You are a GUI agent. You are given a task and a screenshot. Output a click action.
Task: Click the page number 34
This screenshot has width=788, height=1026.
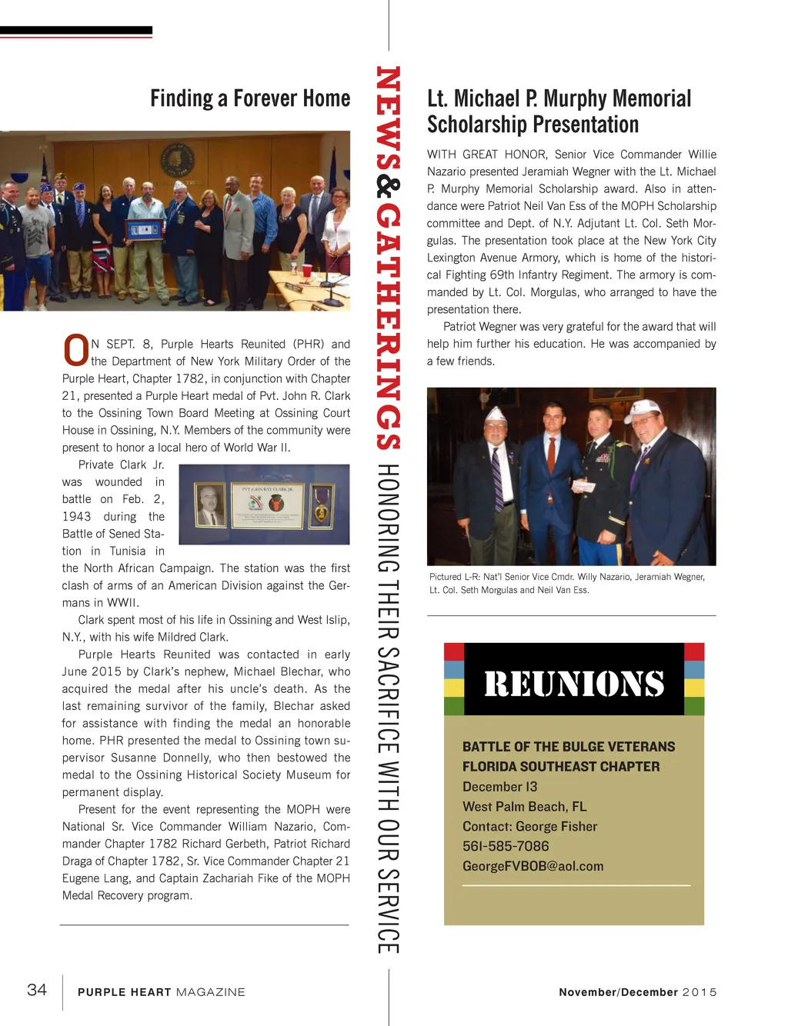click(x=37, y=990)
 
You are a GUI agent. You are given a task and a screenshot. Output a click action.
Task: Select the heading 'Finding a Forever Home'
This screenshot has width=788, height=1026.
click(x=250, y=98)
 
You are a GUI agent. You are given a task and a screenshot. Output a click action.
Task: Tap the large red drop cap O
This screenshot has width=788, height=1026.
click(x=75, y=351)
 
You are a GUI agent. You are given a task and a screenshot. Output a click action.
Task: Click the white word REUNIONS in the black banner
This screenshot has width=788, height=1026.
click(x=574, y=684)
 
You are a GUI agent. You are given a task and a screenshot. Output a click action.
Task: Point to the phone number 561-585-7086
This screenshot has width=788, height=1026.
click(x=506, y=846)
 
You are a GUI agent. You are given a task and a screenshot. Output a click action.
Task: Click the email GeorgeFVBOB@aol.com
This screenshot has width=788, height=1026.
click(x=533, y=866)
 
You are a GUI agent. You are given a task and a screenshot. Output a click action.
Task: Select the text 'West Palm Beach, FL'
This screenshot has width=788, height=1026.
click(x=524, y=806)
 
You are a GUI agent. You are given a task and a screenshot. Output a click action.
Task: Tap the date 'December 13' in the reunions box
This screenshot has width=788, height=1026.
click(x=499, y=786)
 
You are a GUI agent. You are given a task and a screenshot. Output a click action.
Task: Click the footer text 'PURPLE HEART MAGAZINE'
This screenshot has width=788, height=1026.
click(x=161, y=992)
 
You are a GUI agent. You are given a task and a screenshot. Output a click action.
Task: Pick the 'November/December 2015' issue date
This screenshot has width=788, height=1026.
click(x=637, y=992)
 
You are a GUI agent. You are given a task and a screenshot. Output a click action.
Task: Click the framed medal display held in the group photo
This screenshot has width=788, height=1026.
click(x=145, y=229)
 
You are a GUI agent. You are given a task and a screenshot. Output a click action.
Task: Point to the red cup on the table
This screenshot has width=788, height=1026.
click(x=306, y=271)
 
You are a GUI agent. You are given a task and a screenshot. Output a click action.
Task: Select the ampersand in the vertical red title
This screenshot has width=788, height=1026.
click(x=388, y=187)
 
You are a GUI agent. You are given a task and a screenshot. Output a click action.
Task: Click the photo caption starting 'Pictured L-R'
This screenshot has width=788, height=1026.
click(x=566, y=583)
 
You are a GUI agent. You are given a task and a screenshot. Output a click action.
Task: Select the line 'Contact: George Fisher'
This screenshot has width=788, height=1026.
click(x=529, y=826)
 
